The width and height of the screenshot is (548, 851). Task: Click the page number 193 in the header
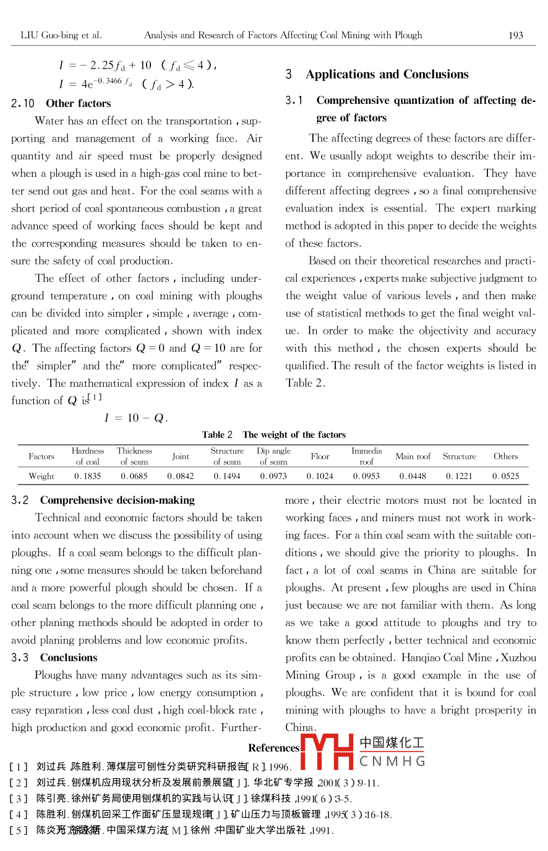[x=515, y=35]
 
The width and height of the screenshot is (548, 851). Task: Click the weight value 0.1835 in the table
[x=87, y=476]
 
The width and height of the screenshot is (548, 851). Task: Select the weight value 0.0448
[x=413, y=476]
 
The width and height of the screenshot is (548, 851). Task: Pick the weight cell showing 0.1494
[x=227, y=476]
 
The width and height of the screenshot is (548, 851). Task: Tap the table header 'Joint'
[x=181, y=457]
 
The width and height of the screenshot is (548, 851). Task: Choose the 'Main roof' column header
[x=413, y=457]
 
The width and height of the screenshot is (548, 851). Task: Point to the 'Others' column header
[x=505, y=457]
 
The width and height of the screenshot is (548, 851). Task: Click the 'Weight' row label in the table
[x=41, y=476]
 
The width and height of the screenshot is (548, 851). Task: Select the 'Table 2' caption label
[x=217, y=435]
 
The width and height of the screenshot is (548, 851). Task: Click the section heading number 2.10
[x=23, y=104]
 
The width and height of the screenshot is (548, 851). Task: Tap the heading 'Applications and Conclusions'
[x=387, y=75]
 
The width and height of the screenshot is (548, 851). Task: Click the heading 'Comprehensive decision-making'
[x=117, y=501]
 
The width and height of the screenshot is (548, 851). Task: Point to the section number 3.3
[x=20, y=658]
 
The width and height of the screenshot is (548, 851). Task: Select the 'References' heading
[x=273, y=748]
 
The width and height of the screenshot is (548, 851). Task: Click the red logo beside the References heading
[x=327, y=751]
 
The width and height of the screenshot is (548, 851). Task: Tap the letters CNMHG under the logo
[x=392, y=761]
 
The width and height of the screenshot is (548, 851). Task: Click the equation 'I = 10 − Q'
[x=136, y=418]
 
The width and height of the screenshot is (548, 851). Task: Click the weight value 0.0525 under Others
[x=505, y=476]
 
